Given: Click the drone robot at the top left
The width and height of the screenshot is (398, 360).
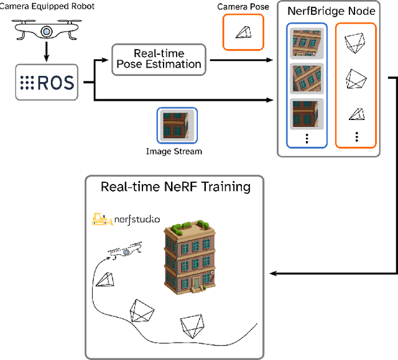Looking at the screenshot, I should pos(47,31).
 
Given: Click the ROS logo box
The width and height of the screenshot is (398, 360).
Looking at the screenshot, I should pos(47,82).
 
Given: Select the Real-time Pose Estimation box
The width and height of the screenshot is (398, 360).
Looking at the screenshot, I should pos(159,59).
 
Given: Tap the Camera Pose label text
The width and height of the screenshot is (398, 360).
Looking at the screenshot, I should pos(243,7).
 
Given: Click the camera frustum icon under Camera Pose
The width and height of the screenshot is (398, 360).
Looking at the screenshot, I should pos(243,32).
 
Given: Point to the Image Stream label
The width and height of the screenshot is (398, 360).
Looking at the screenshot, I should pos(174,151).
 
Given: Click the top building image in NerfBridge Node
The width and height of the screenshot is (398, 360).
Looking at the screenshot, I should pos(307,44).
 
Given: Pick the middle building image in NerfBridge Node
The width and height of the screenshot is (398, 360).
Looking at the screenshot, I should pos(307,77).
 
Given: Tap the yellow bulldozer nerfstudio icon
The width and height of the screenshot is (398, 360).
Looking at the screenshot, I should pos(102,219).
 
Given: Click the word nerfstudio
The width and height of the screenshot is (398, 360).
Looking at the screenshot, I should pos(137,219).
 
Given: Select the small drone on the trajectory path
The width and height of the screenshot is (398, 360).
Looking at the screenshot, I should pos(123,251).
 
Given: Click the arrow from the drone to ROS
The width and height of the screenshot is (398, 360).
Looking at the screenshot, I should pos(47,55).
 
